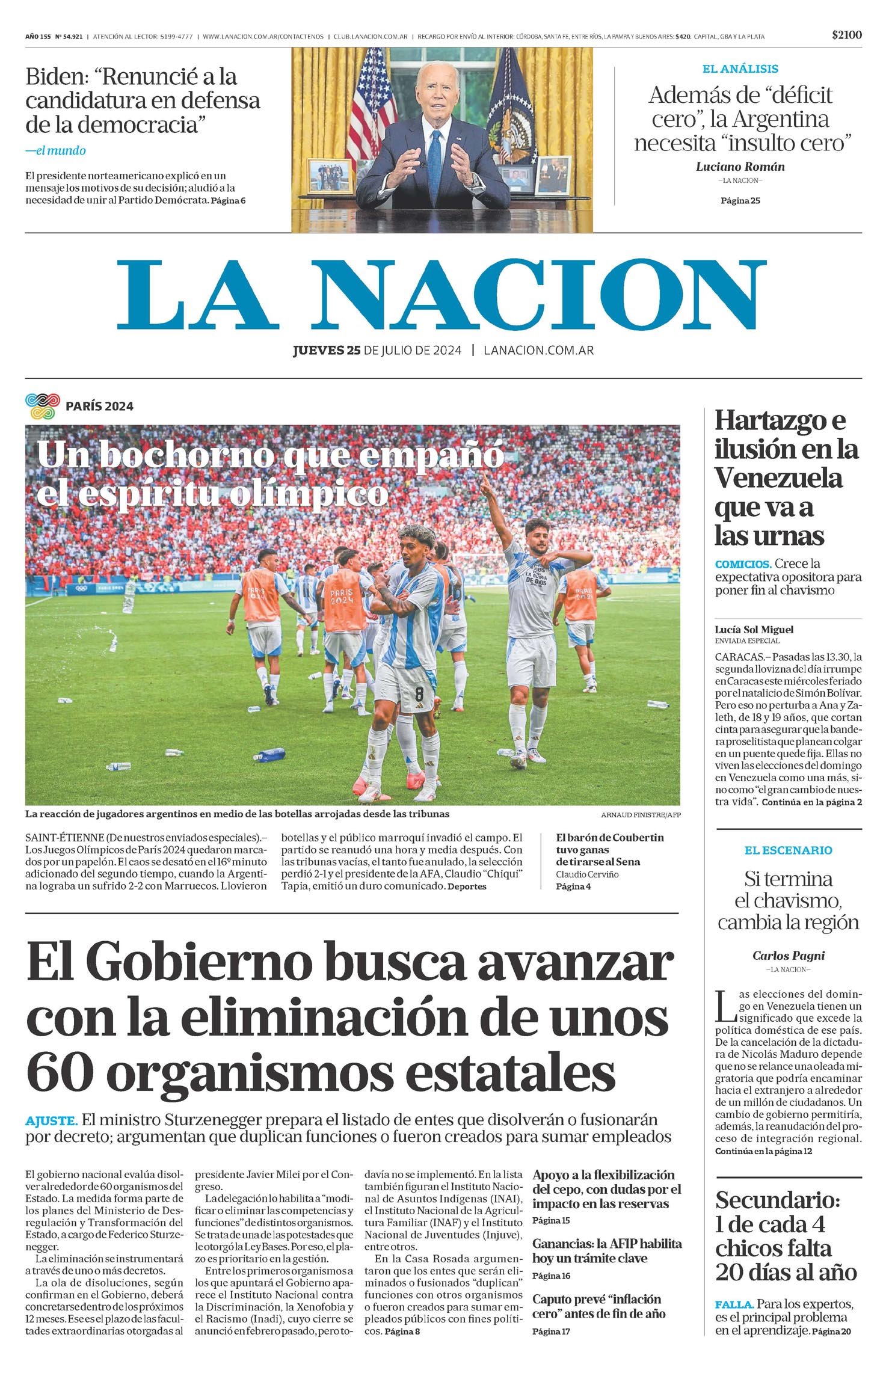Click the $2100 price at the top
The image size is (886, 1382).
tap(846, 35)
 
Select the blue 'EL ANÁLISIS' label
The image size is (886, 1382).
tap(740, 69)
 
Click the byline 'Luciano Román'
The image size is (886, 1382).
tap(740, 167)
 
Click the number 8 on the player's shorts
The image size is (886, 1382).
tap(419, 693)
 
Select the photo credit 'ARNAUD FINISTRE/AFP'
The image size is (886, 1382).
tap(640, 815)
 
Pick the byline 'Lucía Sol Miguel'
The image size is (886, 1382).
tap(754, 630)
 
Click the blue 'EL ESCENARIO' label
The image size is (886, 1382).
tap(788, 850)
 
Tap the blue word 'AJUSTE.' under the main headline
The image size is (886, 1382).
tap(51, 1120)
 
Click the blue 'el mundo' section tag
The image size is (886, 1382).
tap(56, 151)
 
